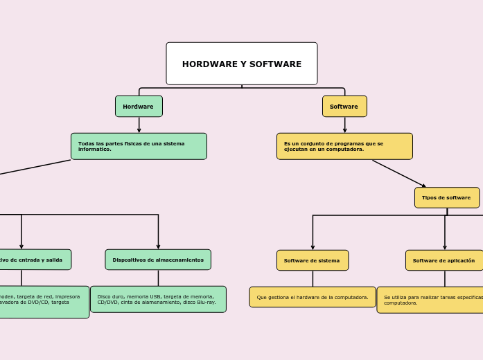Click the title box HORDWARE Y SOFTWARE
[x=241, y=64]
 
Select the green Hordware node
[x=139, y=107]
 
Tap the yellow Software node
[x=344, y=107]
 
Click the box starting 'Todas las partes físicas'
[x=139, y=146]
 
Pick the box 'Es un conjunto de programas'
[x=344, y=146]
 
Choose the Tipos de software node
[x=446, y=197]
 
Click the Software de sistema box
[x=313, y=260]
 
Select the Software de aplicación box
[x=444, y=260]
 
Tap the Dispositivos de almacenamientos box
[x=158, y=260]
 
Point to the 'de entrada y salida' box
[x=31, y=260]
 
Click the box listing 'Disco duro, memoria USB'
[x=158, y=299]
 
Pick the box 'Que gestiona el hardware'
[x=313, y=297]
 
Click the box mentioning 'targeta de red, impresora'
[x=42, y=302]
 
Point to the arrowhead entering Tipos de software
[x=423, y=186]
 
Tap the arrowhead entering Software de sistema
[x=313, y=247]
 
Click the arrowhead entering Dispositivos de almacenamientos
[x=158, y=246]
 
